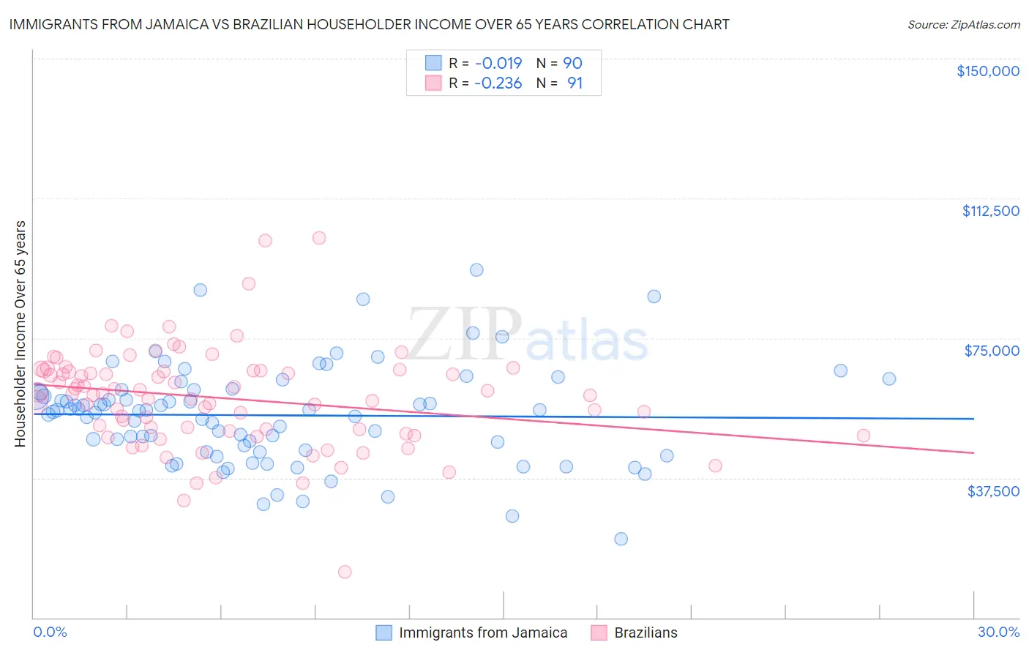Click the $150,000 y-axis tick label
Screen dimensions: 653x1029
pyautogui.click(x=987, y=71)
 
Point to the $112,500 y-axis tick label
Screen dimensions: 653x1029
pyautogui.click(x=990, y=211)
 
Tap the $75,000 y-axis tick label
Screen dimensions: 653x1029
pyautogui.click(x=992, y=351)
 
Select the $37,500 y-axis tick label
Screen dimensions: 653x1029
pyautogui.click(x=993, y=490)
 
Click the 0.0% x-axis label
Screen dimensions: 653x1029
pyautogui.click(x=50, y=632)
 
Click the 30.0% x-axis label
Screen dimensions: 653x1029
pyautogui.click(x=998, y=632)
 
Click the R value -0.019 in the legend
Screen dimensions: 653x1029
pyautogui.click(x=498, y=63)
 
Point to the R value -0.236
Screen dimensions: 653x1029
pyautogui.click(x=498, y=83)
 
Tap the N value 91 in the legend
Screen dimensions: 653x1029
pyautogui.click(x=575, y=83)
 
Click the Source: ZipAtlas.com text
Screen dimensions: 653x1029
pyautogui.click(x=963, y=24)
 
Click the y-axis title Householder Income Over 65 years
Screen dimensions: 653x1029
pyautogui.click(x=20, y=333)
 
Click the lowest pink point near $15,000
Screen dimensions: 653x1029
pyautogui.click(x=345, y=572)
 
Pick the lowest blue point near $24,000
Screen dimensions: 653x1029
pyautogui.click(x=621, y=539)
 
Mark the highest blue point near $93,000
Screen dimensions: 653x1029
pyautogui.click(x=476, y=269)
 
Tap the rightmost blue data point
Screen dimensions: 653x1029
pyautogui.click(x=889, y=378)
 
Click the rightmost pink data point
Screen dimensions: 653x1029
pyautogui.click(x=864, y=436)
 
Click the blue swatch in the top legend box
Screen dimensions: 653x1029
pyautogui.click(x=433, y=63)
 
